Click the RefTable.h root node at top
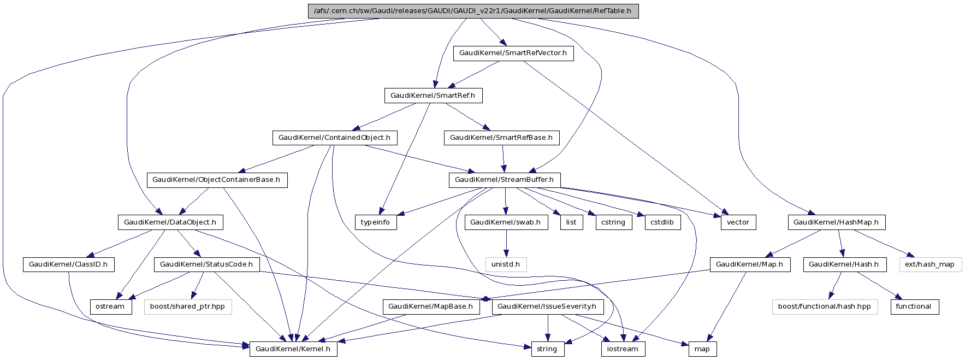coord(473,11)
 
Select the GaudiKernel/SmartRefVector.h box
coord(513,53)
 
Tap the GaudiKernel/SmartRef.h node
coord(433,96)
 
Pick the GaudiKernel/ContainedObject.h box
coord(334,138)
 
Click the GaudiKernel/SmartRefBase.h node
coord(501,138)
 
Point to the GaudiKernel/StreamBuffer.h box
coord(504,180)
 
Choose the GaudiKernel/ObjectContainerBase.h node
coord(216,180)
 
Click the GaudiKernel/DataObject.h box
coord(170,222)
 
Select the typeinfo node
coord(376,222)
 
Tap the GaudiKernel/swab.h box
coord(505,222)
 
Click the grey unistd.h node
coord(506,264)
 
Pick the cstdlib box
coord(662,222)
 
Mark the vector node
coord(738,222)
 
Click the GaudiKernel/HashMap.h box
coord(836,222)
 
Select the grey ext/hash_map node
coord(930,264)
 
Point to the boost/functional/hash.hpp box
coord(824,306)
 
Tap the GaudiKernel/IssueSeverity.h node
coord(548,306)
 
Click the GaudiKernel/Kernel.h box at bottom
coord(293,349)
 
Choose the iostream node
coord(623,349)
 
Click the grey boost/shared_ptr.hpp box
coord(187,306)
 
